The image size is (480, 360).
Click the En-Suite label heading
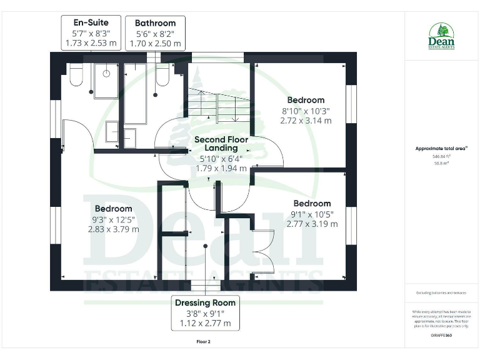[91, 22]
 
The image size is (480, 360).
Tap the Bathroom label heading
[155, 23]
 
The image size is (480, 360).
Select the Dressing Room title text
[204, 303]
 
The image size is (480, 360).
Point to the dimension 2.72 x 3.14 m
[306, 121]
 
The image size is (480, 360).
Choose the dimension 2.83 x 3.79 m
[113, 229]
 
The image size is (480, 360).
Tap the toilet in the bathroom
[162, 76]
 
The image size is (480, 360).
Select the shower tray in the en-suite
[107, 80]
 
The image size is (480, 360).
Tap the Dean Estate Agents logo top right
[441, 36]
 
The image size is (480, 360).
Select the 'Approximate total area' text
[441, 149]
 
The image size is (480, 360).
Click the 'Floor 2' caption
[203, 342]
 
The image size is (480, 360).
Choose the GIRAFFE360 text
[441, 336]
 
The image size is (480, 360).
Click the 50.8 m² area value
[441, 162]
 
